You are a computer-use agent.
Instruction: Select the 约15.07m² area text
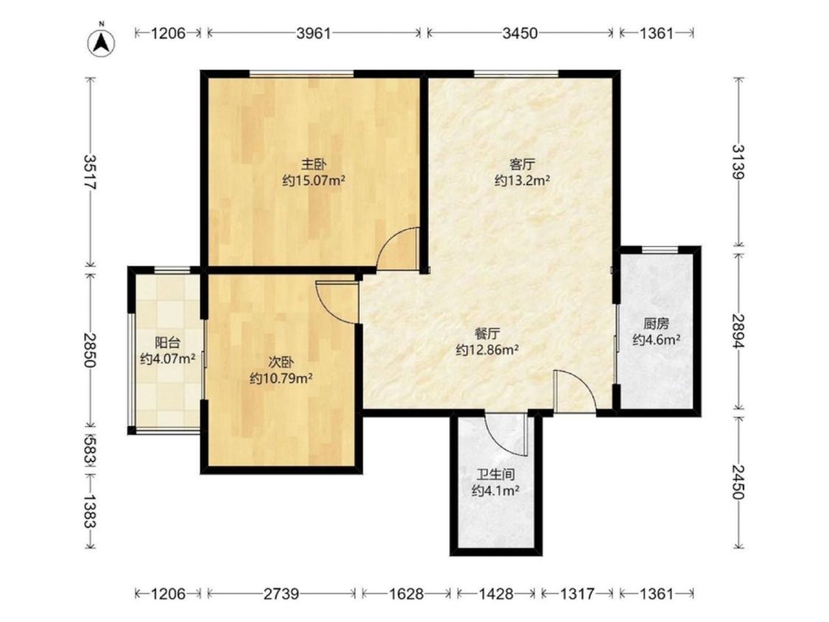click(313, 181)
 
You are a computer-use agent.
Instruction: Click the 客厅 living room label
click(522, 163)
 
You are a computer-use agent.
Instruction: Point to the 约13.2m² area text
click(522, 181)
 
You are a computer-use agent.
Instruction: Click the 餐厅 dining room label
click(487, 333)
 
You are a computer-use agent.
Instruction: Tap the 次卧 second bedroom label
click(281, 362)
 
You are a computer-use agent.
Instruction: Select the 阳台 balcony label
click(167, 343)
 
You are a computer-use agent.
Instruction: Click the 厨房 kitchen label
click(656, 323)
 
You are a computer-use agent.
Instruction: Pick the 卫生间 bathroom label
click(495, 474)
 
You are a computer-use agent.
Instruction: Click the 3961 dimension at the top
click(313, 33)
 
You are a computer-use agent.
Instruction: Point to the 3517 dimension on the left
click(89, 172)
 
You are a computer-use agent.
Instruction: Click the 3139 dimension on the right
click(739, 161)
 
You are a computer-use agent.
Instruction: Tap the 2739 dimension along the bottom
click(281, 594)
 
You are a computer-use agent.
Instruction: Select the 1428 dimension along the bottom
click(495, 594)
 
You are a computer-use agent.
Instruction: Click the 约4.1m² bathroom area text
click(495, 491)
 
